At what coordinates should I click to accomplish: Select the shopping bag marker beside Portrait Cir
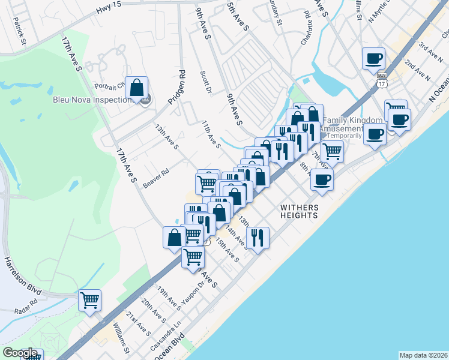[x=137, y=88]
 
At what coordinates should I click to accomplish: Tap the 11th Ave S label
[x=211, y=133]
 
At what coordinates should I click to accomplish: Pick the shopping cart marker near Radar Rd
[x=89, y=300]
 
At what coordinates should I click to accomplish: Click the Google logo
[x=20, y=353]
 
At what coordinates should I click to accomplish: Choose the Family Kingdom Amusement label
[x=341, y=128]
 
